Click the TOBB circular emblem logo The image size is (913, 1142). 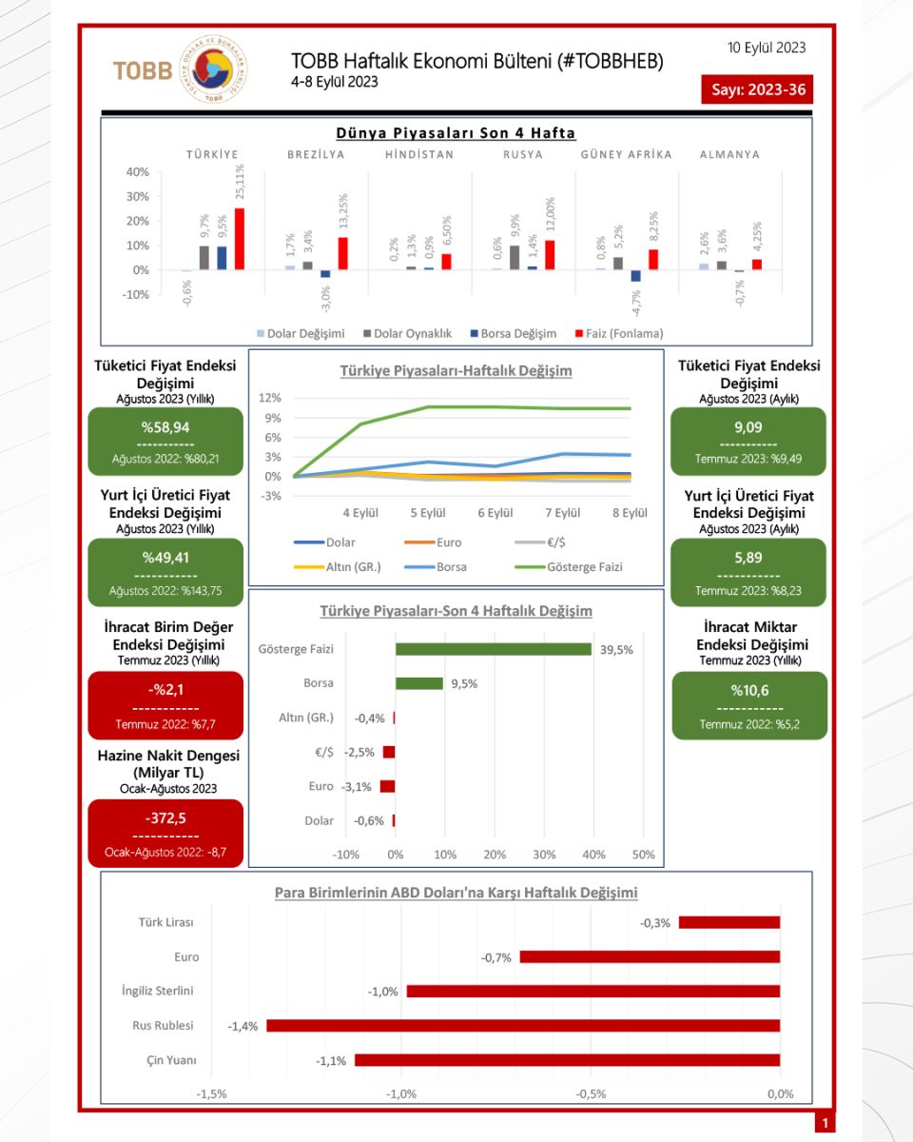(215, 70)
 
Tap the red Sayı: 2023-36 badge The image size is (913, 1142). (757, 89)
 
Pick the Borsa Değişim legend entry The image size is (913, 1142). (515, 333)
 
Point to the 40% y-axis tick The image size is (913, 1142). (137, 172)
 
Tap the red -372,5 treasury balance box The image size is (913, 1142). (165, 833)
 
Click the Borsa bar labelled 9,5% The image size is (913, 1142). (419, 683)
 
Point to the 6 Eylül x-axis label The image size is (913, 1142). (495, 513)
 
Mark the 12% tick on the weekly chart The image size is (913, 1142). (270, 398)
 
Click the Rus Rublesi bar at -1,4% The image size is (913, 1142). (523, 1026)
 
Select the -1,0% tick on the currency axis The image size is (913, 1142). (401, 1093)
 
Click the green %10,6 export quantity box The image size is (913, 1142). (749, 705)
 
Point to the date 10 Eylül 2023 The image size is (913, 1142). (767, 47)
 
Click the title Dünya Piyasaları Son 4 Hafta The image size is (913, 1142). (456, 133)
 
